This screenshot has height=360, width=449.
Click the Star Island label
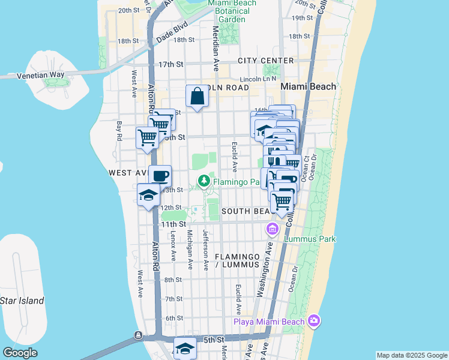tap(22, 301)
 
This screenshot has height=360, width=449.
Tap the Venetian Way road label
tap(40, 75)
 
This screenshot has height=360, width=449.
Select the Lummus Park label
tap(310, 239)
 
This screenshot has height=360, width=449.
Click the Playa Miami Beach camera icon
tap(313, 322)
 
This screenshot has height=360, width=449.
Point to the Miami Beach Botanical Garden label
tap(232, 11)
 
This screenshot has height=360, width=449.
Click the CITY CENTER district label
tap(265, 61)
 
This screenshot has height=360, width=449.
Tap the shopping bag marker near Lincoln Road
tap(197, 96)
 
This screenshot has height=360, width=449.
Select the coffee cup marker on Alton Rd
tap(160, 176)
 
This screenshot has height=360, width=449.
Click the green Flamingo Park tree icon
tap(204, 180)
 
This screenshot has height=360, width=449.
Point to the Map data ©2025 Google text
tap(411, 355)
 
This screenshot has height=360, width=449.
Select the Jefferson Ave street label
tap(205, 251)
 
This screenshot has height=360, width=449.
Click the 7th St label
tap(173, 299)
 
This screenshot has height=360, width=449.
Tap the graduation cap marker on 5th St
tap(185, 347)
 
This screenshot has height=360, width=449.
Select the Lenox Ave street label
tap(173, 246)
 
